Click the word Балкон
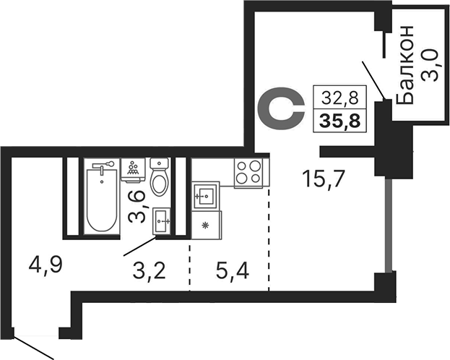(404, 64)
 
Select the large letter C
(281, 108)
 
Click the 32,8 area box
(339, 97)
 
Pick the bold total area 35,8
(339, 121)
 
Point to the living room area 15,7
(324, 178)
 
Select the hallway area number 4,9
(46, 265)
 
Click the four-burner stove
(248, 173)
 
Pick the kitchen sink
(205, 195)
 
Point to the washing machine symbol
(133, 169)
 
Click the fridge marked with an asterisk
(206, 225)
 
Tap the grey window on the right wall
(388, 224)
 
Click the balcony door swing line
(373, 80)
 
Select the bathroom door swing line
(139, 247)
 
